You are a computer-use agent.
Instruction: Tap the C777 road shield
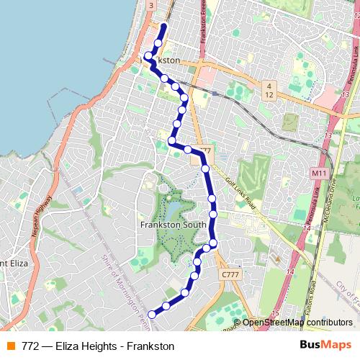tap(230, 275)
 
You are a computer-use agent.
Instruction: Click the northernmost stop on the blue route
tap(163, 28)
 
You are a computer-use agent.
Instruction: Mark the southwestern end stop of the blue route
tap(152, 314)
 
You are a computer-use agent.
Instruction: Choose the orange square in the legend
tap(10, 346)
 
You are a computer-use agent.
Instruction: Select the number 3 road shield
tap(150, 5)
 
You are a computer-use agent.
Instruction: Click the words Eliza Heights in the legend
tap(75, 346)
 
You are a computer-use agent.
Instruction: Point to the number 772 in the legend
tap(30, 346)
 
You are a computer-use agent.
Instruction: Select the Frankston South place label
tap(173, 225)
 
